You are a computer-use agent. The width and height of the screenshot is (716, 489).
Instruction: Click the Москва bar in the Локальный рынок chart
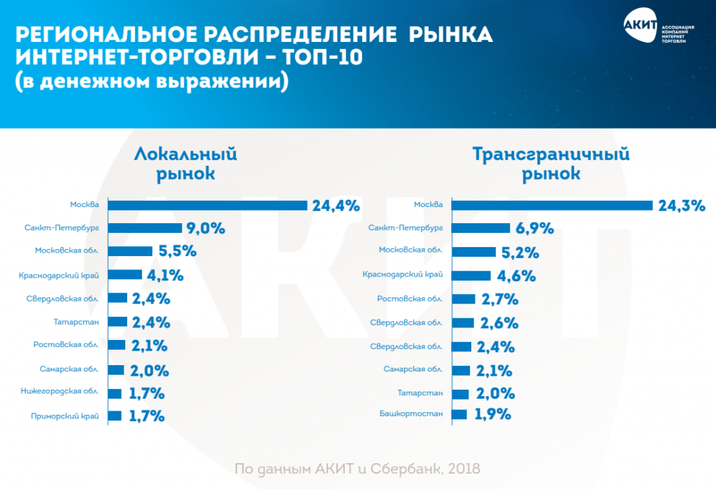(x=208, y=205)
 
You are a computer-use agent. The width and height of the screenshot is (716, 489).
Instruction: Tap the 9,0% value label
(x=206, y=227)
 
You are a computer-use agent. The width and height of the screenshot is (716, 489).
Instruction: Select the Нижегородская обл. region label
(x=60, y=392)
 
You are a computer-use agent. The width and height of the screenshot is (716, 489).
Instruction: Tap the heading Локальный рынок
(x=185, y=163)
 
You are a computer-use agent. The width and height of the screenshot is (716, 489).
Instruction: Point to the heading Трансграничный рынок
(x=551, y=163)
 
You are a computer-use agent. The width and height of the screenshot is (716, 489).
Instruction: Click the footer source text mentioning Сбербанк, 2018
(x=357, y=468)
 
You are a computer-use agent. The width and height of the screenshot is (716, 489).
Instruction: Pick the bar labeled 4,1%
(x=126, y=275)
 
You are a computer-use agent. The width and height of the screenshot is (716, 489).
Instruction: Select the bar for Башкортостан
(x=459, y=414)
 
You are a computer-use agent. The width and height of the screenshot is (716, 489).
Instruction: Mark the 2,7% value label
(x=499, y=299)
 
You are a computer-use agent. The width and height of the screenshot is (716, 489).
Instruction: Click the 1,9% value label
(x=494, y=414)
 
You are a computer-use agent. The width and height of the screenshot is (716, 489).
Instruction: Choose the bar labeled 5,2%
(x=474, y=251)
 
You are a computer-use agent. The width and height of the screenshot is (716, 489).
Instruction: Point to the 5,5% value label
(x=178, y=251)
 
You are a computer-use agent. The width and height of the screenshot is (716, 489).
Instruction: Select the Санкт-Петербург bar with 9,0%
(x=145, y=228)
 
